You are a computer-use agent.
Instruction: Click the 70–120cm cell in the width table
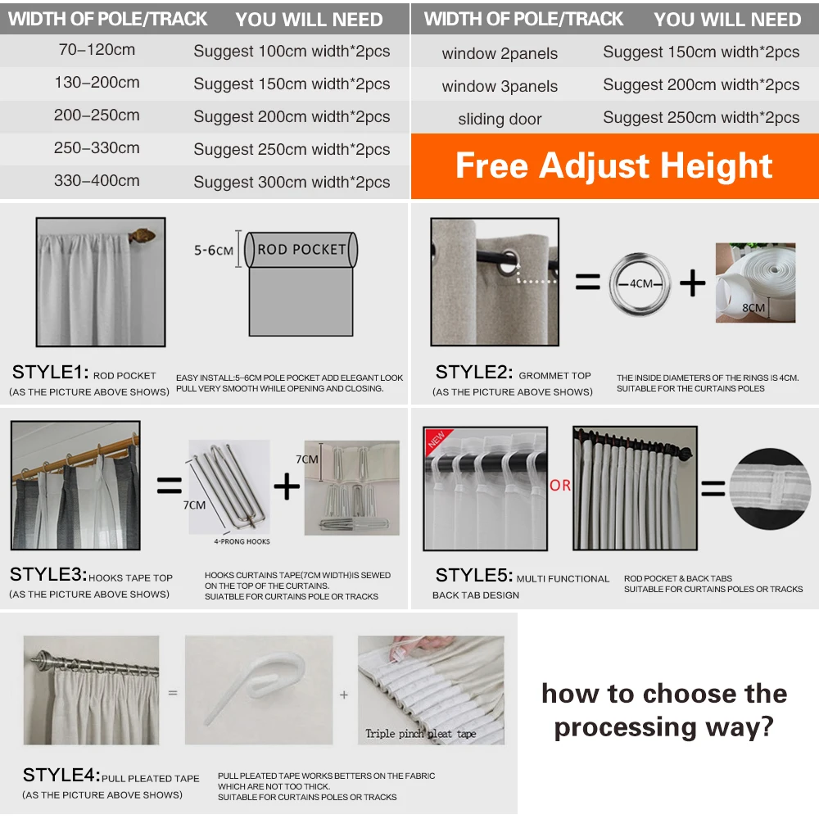point(97,50)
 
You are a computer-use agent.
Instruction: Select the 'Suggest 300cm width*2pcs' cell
point(292,182)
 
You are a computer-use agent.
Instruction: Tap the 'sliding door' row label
point(500,120)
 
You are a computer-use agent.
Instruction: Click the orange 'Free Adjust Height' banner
point(614,166)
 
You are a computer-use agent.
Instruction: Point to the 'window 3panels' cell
point(500,86)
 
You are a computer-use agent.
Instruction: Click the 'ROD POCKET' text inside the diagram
point(301,249)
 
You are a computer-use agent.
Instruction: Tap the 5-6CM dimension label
point(214,250)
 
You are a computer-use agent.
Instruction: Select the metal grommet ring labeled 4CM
point(640,283)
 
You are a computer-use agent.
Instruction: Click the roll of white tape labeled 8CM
point(755,283)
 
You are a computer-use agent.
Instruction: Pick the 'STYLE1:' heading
point(50,373)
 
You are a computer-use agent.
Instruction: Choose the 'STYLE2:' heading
point(473,373)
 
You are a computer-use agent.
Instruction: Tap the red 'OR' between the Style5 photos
point(560,486)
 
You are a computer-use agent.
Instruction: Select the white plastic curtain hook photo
point(259,690)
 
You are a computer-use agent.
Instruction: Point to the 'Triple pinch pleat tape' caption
point(420,733)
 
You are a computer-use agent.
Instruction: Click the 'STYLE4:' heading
point(61,776)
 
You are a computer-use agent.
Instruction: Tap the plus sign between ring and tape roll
point(692,283)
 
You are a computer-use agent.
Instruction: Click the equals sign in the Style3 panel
point(169,486)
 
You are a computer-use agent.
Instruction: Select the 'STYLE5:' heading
point(474,575)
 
